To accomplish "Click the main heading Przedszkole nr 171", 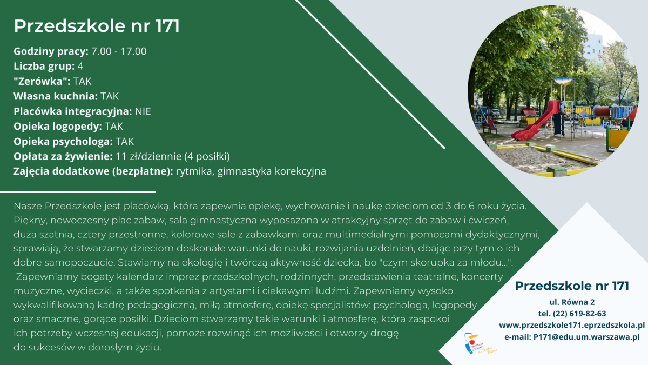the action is [x=97, y=26].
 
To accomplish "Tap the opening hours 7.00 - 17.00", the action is [x=119, y=51].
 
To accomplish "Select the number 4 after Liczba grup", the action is [x=80, y=67].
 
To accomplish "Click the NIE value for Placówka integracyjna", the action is [x=143, y=111].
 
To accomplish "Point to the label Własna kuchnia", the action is [x=56, y=96].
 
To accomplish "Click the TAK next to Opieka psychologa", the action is [x=125, y=142].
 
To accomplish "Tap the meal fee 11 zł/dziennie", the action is [x=148, y=157].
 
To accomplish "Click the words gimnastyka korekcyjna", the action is [x=272, y=171].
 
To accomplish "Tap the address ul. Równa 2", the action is [x=572, y=302].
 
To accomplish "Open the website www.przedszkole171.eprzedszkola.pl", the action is [x=572, y=326].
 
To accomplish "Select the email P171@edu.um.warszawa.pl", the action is [x=586, y=337].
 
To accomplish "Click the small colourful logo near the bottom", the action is [x=479, y=344].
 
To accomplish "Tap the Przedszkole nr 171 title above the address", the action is [x=572, y=286].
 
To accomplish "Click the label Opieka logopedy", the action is [x=58, y=127].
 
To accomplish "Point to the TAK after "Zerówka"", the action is [x=82, y=82].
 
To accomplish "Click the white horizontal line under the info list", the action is [x=78, y=192].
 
